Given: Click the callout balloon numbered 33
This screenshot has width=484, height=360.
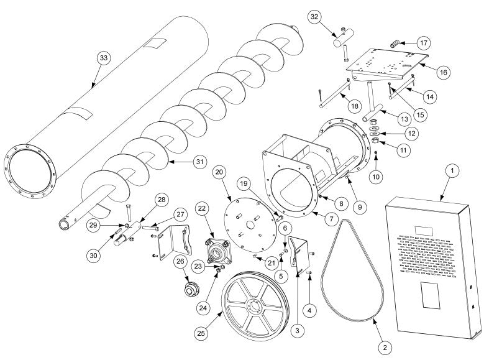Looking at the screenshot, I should pos(103,58).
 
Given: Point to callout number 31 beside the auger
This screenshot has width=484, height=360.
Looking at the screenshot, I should pos(199,161).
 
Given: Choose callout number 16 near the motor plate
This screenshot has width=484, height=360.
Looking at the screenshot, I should pos(443,72).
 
